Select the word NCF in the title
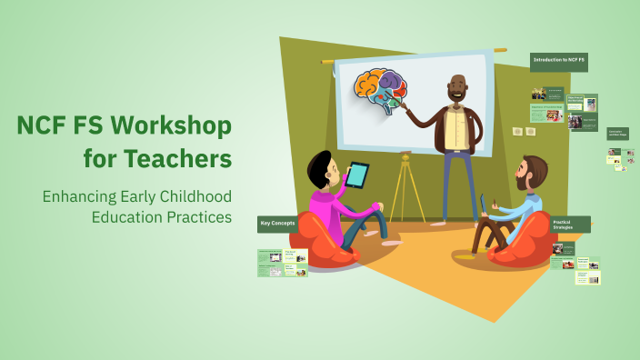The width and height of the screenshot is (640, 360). [x=43, y=125]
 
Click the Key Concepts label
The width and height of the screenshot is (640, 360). [x=278, y=223]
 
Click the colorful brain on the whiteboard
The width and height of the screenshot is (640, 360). [x=381, y=92]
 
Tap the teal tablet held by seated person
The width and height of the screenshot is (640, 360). [x=358, y=174]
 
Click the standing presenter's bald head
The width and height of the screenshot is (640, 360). [x=457, y=83]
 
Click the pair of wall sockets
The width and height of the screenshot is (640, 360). [x=523, y=132]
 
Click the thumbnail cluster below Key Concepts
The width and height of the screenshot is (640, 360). [x=283, y=262]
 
